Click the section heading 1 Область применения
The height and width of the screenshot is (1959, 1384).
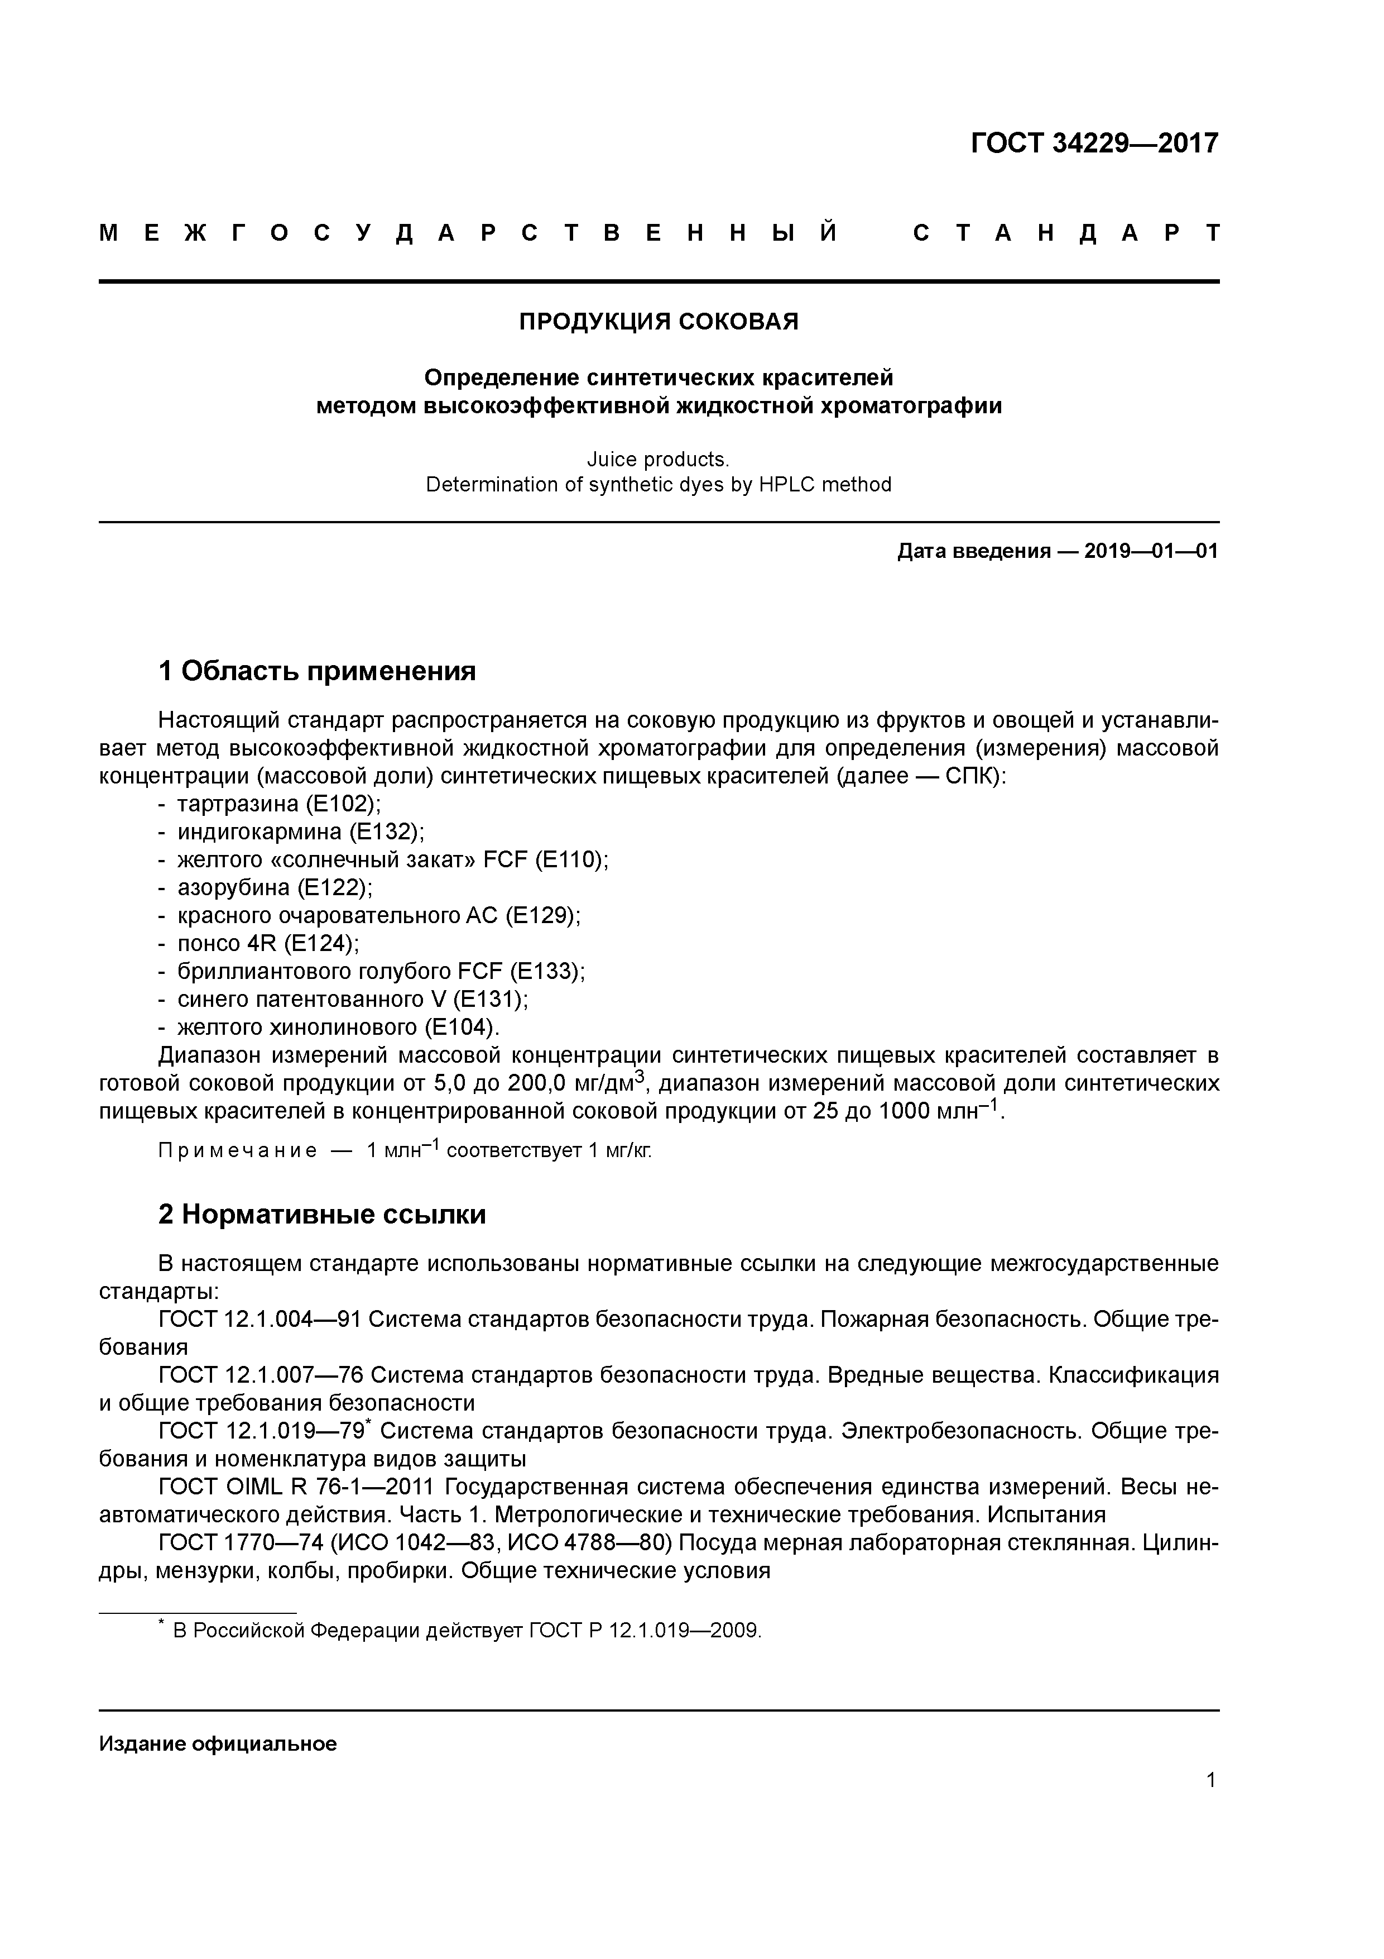(317, 671)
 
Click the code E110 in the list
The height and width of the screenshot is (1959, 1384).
(570, 860)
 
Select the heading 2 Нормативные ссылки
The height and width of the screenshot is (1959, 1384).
(323, 1214)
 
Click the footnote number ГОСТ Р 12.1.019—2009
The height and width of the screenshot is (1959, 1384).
(644, 1631)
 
